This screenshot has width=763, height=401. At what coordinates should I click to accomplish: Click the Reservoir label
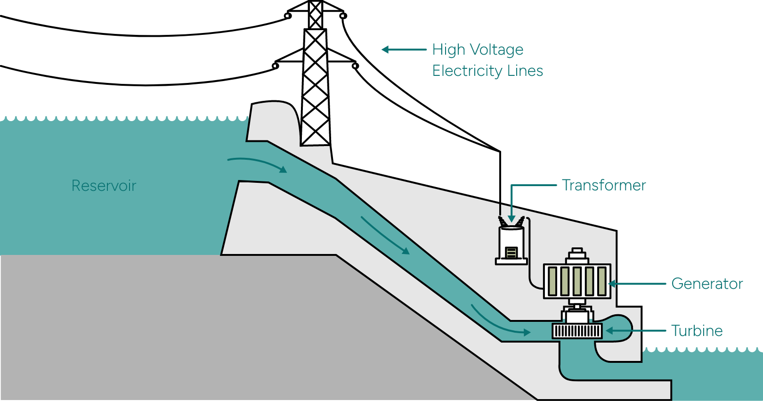click(x=104, y=186)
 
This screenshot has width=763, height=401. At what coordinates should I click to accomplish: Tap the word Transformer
click(x=604, y=185)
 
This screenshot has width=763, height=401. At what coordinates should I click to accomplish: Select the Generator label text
click(x=707, y=284)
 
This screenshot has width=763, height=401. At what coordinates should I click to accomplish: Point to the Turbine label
click(x=697, y=331)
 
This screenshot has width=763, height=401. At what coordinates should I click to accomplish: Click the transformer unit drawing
click(x=511, y=243)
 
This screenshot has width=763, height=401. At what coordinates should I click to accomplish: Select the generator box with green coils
click(x=577, y=281)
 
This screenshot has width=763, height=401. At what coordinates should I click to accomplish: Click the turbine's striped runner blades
click(x=577, y=331)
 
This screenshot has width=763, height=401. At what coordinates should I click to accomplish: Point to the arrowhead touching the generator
click(x=613, y=284)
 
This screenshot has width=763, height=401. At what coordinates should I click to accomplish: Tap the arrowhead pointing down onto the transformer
click(x=511, y=219)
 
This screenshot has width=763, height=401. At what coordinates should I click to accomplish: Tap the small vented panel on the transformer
click(x=511, y=253)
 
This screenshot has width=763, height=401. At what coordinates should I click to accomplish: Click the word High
click(x=448, y=50)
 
